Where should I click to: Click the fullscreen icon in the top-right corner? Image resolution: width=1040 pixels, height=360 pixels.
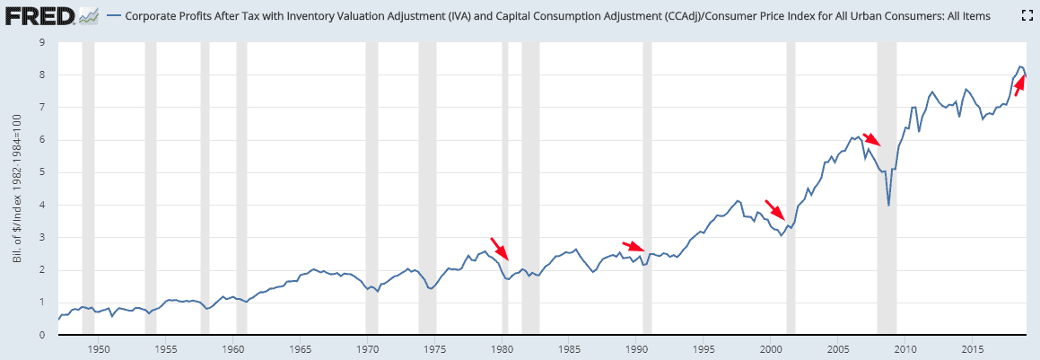[1027, 15]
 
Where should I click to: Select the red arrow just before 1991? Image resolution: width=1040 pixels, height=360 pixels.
[634, 247]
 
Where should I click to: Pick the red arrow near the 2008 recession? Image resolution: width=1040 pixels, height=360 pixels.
[872, 140]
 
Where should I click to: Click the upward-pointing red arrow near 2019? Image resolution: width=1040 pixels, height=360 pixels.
[1019, 85]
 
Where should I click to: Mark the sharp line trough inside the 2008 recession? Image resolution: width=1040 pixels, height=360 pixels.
[888, 206]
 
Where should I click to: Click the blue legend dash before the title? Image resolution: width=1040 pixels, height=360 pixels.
[113, 15]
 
